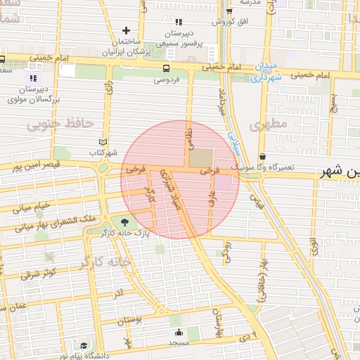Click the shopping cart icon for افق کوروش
(229, 11)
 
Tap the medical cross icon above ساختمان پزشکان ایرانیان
(126, 30)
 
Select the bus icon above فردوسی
(166, 68)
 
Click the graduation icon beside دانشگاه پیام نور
(84, 345)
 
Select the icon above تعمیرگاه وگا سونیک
(262, 156)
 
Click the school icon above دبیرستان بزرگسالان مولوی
(33, 76)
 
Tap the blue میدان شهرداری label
(267, 72)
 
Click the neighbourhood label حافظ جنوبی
(60, 124)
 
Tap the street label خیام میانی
(32, 207)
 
